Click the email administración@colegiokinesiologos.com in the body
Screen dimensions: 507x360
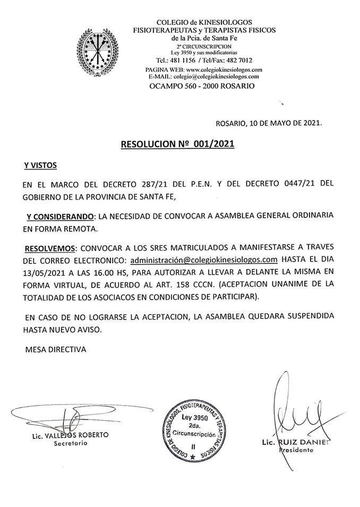coord(204,259)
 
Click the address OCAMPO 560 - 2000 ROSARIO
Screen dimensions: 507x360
coord(201,86)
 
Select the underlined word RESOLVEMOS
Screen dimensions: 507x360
coord(50,248)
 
